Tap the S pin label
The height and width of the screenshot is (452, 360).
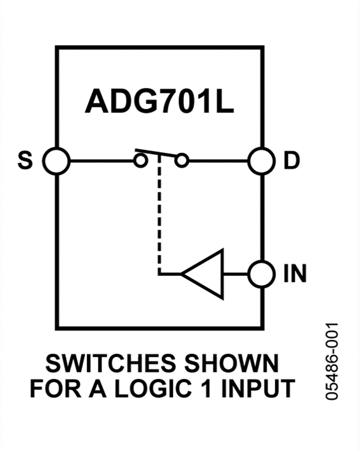[x=25, y=162]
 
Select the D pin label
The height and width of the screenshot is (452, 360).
[x=292, y=162]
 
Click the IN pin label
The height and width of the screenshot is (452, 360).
[x=295, y=275]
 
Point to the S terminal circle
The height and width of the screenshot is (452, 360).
[x=56, y=161]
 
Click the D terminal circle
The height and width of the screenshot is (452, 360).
[x=262, y=161]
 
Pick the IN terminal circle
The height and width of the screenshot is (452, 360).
[x=262, y=274]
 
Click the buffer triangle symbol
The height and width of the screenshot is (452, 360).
[x=206, y=274]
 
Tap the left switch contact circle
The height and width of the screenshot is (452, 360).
[x=140, y=161]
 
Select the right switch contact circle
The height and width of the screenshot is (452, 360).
[x=182, y=161]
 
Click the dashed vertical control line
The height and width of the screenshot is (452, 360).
[x=159, y=216]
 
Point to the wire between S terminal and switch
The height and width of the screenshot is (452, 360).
[x=102, y=161]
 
